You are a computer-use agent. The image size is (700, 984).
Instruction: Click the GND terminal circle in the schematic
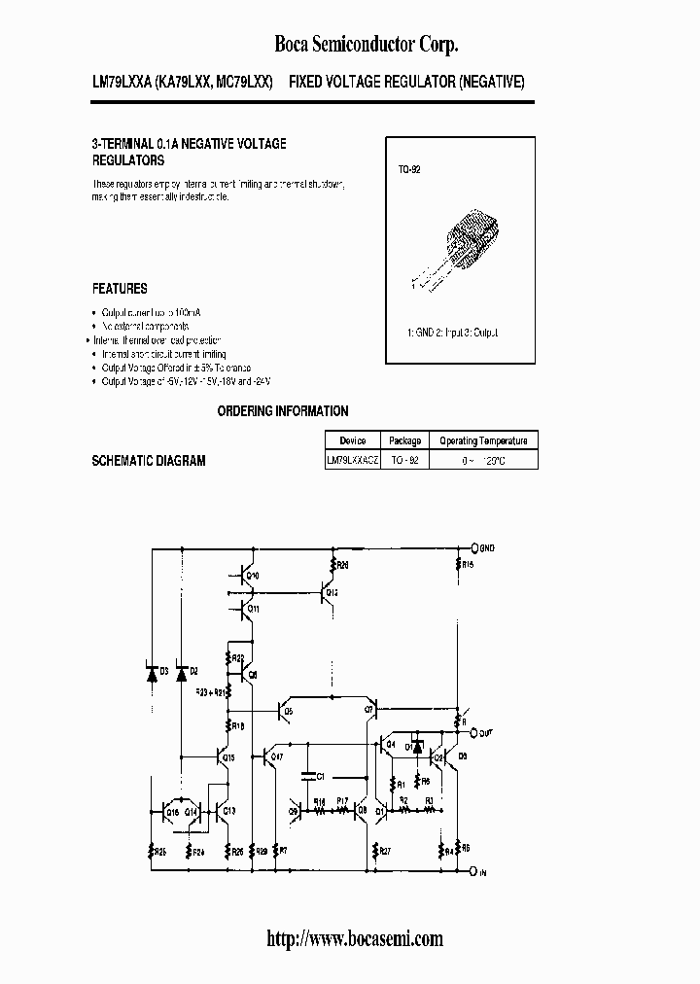[474, 548]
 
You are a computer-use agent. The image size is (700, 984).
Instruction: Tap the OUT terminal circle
[474, 732]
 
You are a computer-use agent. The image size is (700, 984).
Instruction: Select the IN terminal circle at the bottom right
[474, 872]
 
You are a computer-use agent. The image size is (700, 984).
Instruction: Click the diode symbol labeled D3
[152, 673]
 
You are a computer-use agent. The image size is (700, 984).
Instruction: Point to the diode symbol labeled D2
[182, 673]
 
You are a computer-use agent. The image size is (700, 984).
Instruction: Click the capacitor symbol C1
[307, 776]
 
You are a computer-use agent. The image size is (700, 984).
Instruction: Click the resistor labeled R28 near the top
[334, 564]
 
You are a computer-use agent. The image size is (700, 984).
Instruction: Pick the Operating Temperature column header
[482, 440]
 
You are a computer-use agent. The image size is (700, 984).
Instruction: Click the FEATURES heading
[120, 289]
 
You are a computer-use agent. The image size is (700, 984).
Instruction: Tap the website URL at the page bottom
[354, 938]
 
